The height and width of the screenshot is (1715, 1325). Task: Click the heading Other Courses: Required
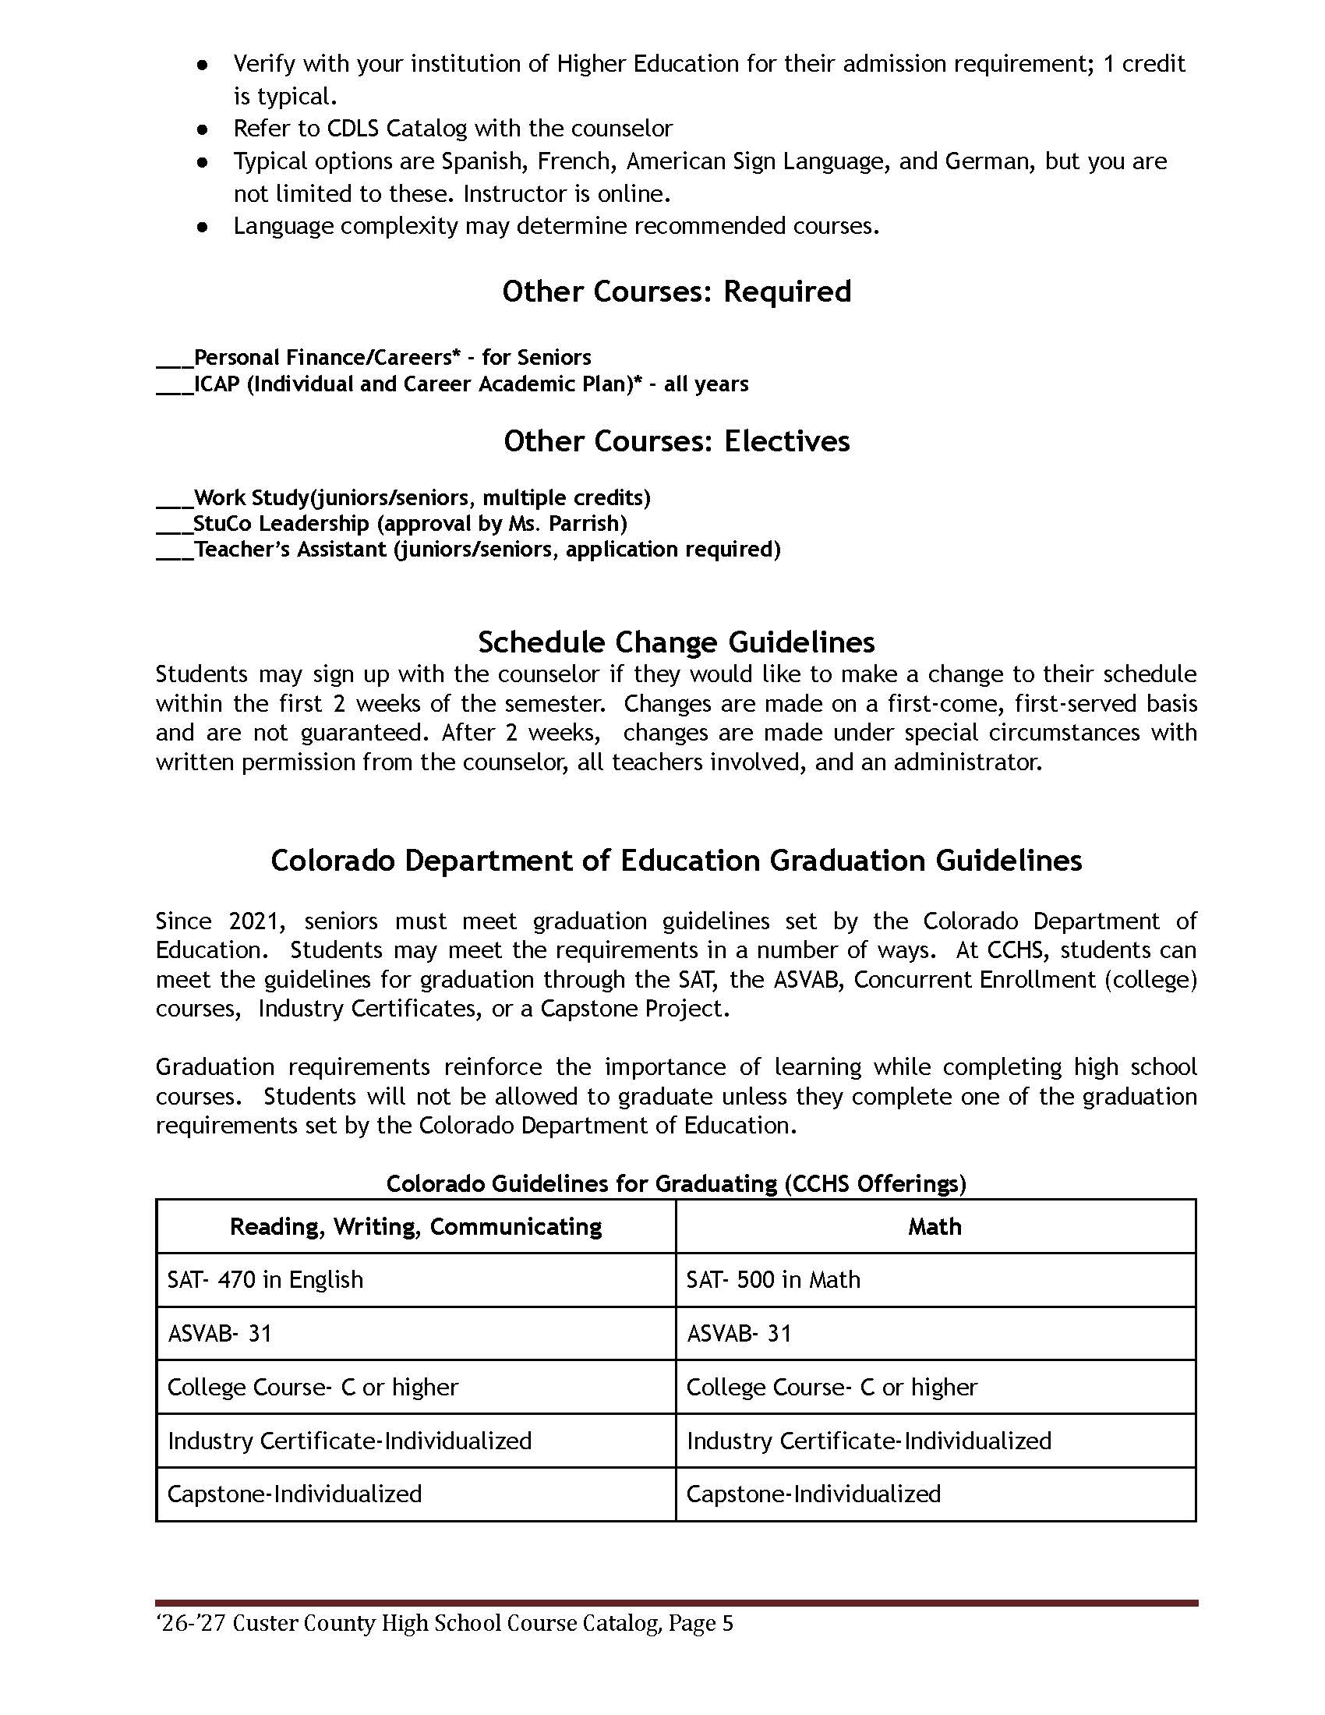[676, 292]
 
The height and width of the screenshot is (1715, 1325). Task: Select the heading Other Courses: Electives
[676, 441]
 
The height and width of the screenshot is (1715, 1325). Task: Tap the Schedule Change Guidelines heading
[676, 642]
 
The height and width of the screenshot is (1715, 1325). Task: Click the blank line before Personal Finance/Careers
[175, 359]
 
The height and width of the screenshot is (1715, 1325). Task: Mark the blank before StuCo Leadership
[175, 525]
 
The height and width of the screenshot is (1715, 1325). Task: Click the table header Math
[934, 1226]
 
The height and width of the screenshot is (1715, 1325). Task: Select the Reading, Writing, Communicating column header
[415, 1226]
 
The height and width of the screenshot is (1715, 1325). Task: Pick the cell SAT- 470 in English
[265, 1280]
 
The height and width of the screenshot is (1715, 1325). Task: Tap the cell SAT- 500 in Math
[773, 1280]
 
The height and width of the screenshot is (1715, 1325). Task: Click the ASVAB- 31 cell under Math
[739, 1333]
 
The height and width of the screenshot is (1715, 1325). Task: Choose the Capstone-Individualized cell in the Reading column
[295, 1494]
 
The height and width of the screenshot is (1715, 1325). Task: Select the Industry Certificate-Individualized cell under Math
[868, 1440]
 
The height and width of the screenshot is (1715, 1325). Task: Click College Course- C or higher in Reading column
[313, 1387]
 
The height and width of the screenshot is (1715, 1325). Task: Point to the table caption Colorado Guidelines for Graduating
[676, 1183]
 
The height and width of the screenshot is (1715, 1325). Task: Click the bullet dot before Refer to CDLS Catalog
[203, 129]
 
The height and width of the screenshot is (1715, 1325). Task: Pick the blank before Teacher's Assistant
[175, 551]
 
